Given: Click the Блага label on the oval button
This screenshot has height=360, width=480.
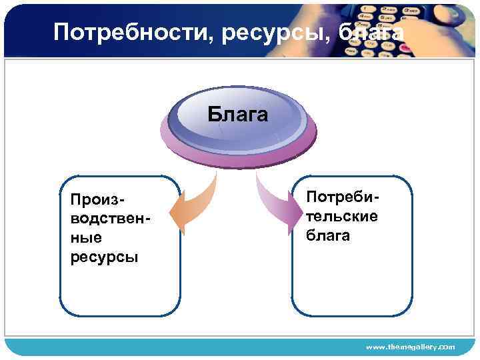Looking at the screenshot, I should pyautogui.click(x=237, y=115).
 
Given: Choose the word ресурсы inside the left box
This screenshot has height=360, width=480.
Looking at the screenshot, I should pyautogui.click(x=104, y=257).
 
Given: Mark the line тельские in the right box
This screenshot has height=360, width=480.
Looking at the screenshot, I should pyautogui.click(x=341, y=216).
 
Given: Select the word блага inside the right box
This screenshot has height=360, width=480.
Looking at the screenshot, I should pyautogui.click(x=328, y=235).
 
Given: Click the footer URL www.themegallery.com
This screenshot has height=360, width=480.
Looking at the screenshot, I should pyautogui.click(x=411, y=347).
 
